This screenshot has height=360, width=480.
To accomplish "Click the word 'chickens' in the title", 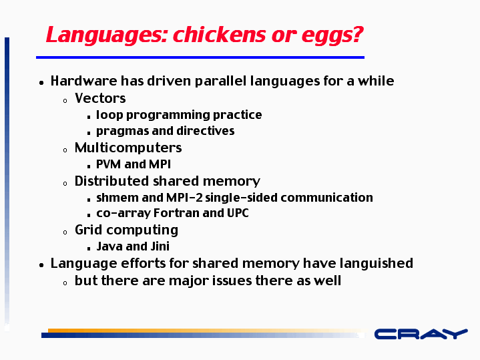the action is point(220,34).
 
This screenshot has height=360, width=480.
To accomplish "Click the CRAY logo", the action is point(421,334).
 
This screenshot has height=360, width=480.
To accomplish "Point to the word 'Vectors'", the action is point(100,98).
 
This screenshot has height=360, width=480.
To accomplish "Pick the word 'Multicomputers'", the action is point(128,148).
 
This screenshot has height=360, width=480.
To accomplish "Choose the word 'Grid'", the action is point(88,230).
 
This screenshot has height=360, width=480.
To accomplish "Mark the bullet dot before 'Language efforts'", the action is point(41,265).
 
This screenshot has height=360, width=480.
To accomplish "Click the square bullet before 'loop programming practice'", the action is point(89,117).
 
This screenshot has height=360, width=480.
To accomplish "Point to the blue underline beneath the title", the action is point(200,57).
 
